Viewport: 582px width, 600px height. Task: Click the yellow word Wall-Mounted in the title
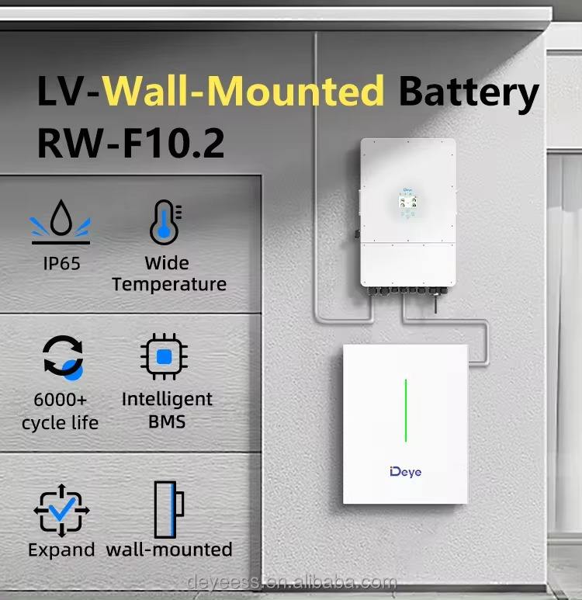coord(244,92)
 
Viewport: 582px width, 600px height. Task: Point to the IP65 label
coord(61,263)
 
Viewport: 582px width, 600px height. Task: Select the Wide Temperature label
coord(168,273)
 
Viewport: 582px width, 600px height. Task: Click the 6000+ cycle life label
coord(60,411)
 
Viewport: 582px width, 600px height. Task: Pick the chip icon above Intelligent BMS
coord(164,358)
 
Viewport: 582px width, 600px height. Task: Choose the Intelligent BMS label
coord(166,411)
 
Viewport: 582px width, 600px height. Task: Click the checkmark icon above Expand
coord(61,509)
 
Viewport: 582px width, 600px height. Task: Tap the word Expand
coord(61,550)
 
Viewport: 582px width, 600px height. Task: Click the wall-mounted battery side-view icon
coord(168,509)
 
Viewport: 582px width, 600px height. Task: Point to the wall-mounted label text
coord(169,550)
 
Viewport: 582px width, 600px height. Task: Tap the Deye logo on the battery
coord(405,471)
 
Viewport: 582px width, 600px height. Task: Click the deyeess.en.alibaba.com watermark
coord(293,583)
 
